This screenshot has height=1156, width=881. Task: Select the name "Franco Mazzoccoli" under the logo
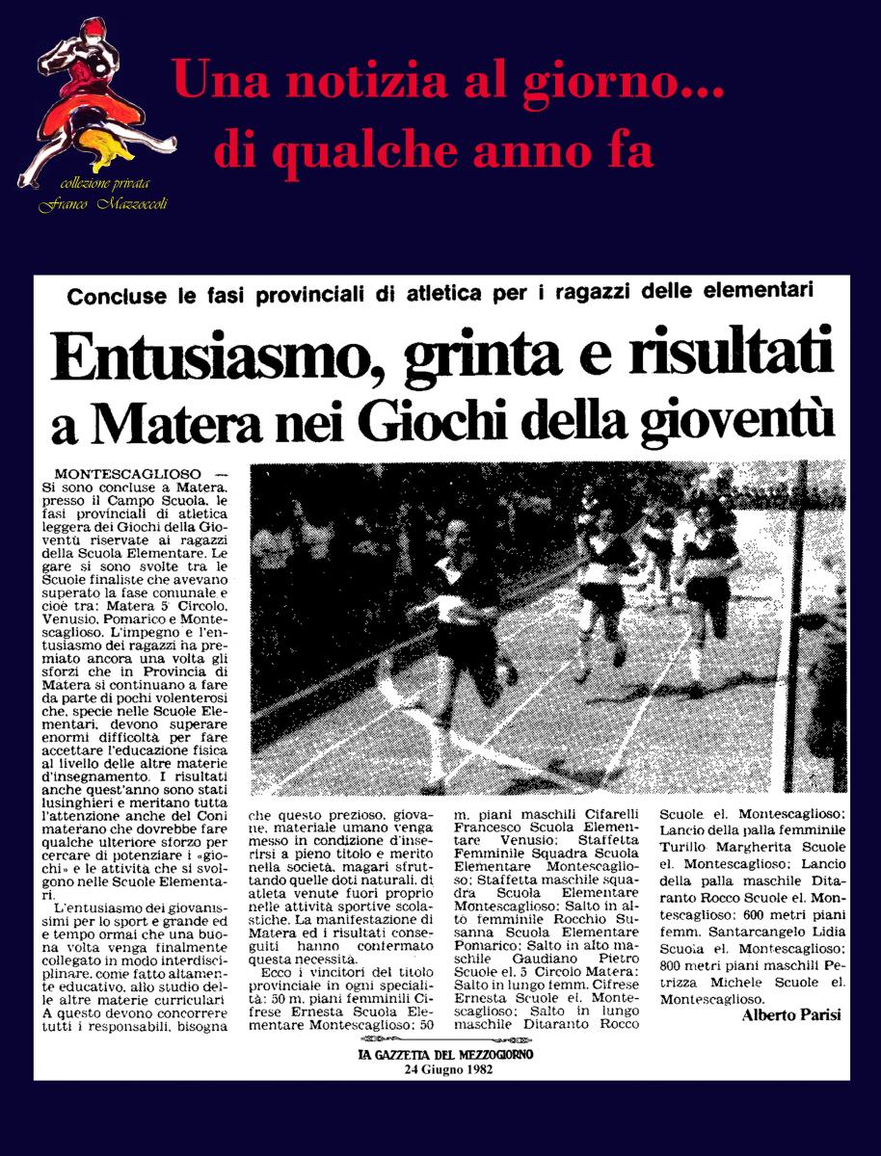point(103,204)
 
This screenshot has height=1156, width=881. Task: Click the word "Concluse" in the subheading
point(114,296)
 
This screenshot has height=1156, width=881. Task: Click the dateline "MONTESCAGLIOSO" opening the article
point(128,475)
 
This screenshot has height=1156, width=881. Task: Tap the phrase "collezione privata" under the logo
point(104,184)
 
